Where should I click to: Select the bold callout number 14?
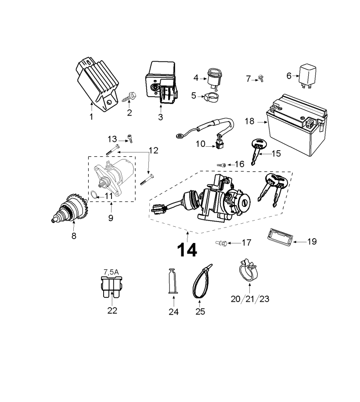187,250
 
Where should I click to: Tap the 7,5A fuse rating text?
111,272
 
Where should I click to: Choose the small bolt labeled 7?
261,78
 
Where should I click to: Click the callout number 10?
201,144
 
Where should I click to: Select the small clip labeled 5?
210,96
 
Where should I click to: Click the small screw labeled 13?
130,139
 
